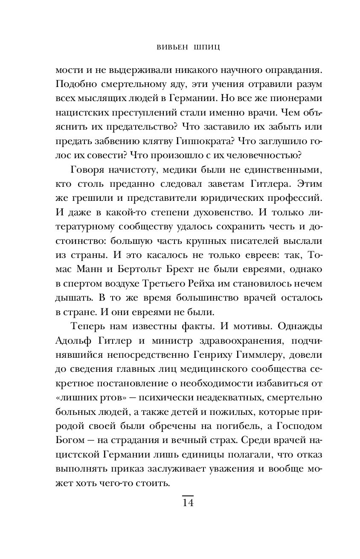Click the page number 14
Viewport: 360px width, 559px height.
(x=188, y=502)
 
